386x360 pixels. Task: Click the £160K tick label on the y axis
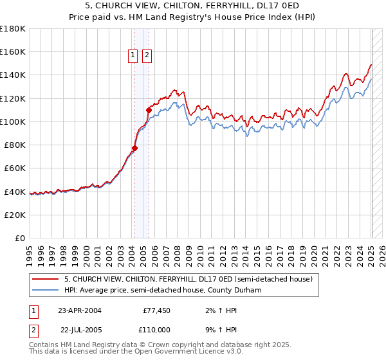point(13,52)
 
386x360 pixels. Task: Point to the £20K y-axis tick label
point(15,215)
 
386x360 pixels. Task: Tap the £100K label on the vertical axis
point(13,122)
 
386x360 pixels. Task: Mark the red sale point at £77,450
point(135,148)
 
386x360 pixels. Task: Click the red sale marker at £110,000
point(149,110)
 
